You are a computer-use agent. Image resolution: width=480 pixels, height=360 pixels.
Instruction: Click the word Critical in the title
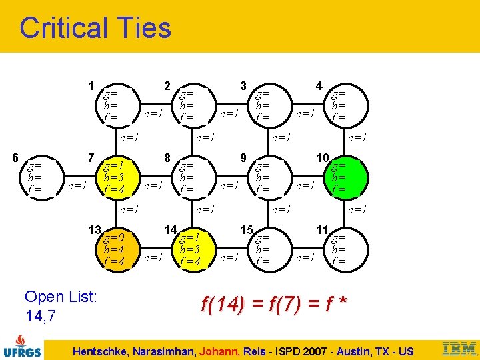tap(64, 28)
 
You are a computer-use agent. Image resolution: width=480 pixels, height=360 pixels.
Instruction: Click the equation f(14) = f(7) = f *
tap(274, 304)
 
